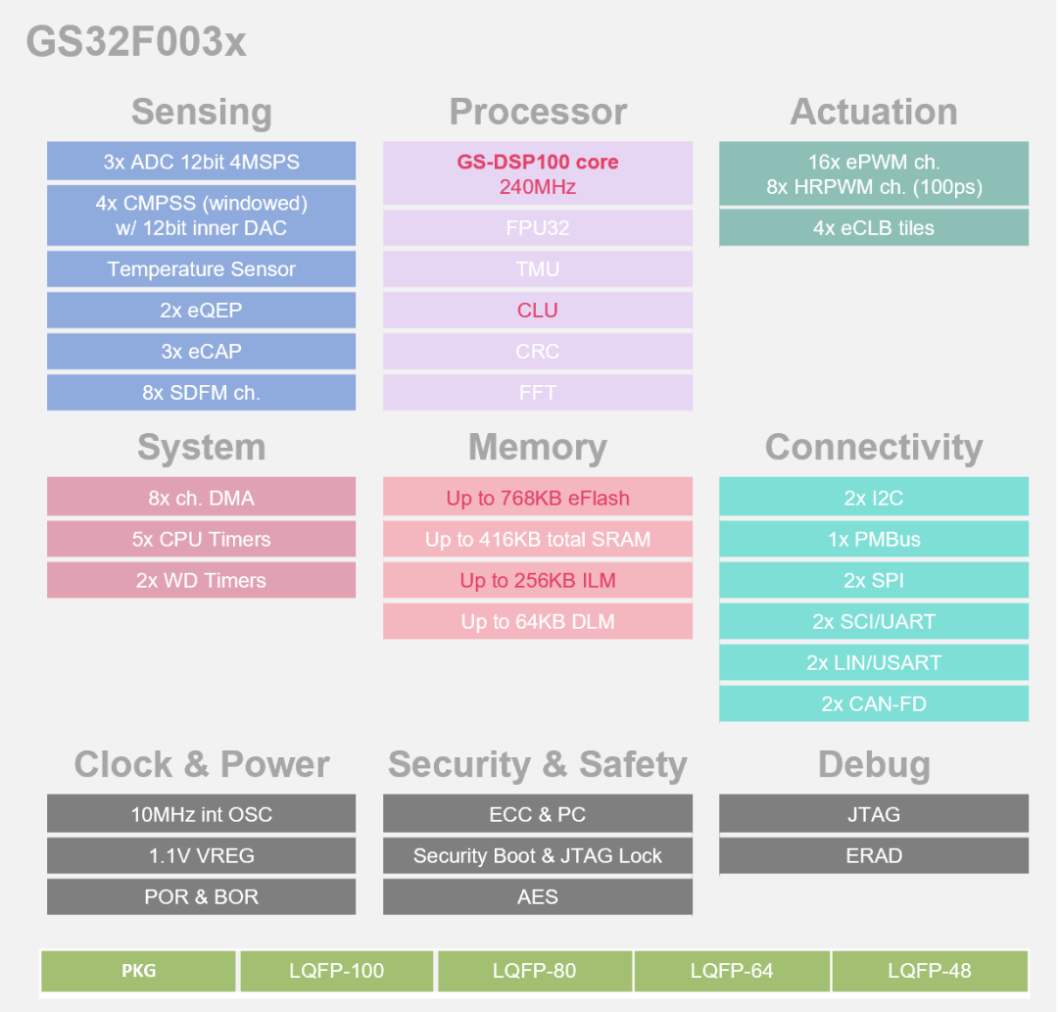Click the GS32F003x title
136,42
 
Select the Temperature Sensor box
201,269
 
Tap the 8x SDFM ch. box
201,393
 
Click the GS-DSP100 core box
537,173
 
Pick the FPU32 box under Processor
537,228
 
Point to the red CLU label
537,311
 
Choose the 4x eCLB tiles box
873,228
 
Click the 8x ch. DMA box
201,498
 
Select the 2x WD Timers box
201,580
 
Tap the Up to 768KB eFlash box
537,498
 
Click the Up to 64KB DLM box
537,621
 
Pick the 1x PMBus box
873,539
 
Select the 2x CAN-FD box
873,703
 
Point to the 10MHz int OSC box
201,814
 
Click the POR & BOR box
201,896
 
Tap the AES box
537,896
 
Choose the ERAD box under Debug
873,855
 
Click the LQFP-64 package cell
731,971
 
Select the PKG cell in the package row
139,971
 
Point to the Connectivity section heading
873,447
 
